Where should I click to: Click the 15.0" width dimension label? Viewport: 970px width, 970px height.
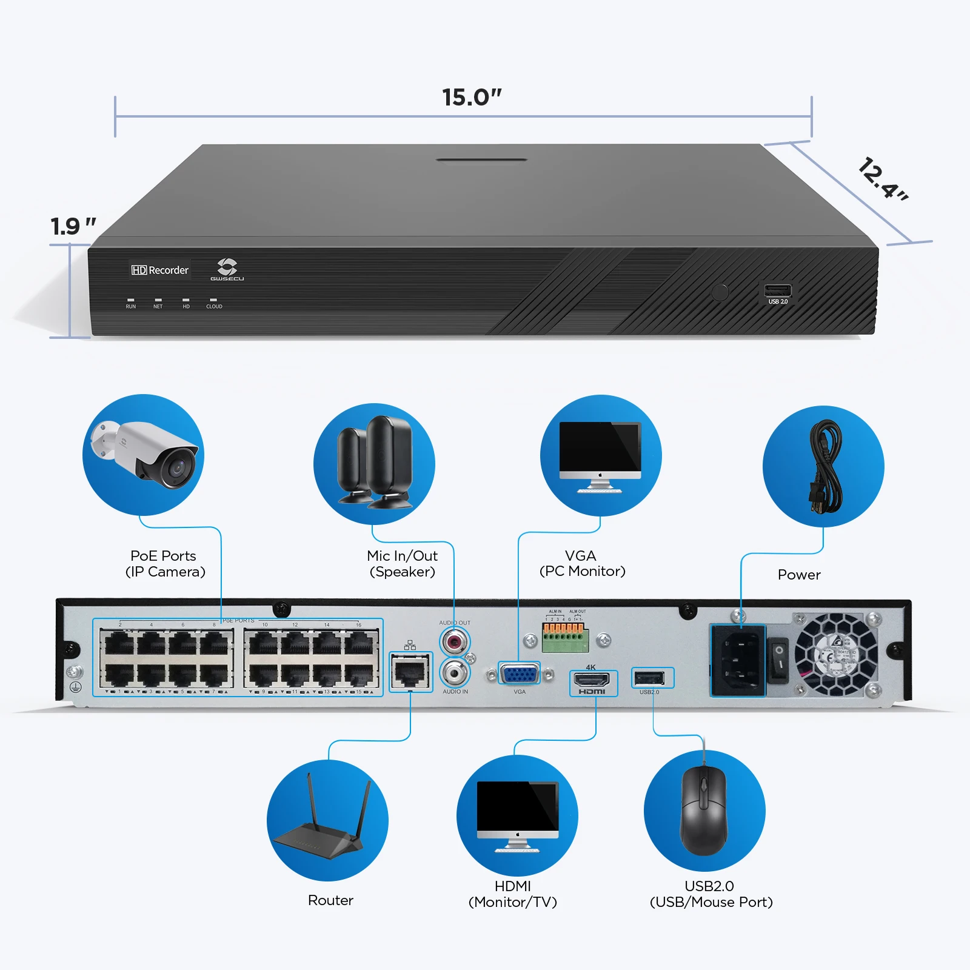coord(472,97)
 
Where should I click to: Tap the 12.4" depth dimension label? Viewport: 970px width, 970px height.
coord(882,179)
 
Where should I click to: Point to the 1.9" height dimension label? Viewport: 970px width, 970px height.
coord(73,226)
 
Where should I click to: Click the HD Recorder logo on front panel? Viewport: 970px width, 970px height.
coord(160,270)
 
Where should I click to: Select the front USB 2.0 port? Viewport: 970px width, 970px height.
coord(778,290)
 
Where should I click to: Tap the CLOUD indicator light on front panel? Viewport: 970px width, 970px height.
coord(213,300)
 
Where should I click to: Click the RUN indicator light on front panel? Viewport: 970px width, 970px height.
coord(130,300)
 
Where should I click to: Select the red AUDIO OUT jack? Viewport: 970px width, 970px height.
coord(455,641)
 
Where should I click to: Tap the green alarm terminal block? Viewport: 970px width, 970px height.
coord(565,638)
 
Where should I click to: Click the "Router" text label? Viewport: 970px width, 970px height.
coord(330,900)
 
